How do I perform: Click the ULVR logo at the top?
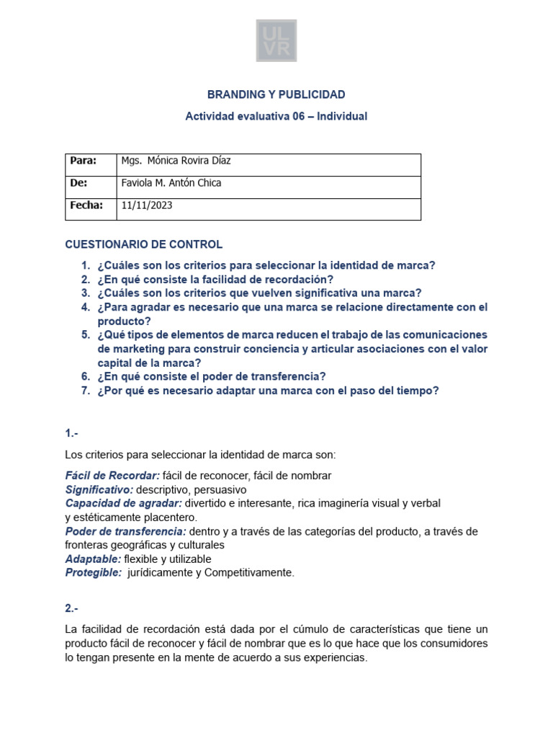tap(276, 40)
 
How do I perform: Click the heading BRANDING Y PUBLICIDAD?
tap(276, 94)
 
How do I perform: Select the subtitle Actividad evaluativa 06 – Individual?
tap(276, 116)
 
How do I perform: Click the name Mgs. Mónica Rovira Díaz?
tap(176, 161)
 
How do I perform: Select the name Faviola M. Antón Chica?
tap(171, 183)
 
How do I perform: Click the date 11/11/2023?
tap(147, 205)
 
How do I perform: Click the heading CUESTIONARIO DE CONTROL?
tap(144, 244)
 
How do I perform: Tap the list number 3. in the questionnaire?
tap(86, 293)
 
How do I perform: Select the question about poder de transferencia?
tap(212, 376)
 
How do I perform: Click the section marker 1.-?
tap(71, 433)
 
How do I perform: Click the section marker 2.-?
tap(71, 608)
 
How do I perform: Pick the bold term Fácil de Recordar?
tap(112, 475)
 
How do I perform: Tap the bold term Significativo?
tap(99, 489)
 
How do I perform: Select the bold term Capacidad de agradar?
tap(123, 503)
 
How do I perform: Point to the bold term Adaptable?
tap(93, 559)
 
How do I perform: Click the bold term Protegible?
tap(94, 572)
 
